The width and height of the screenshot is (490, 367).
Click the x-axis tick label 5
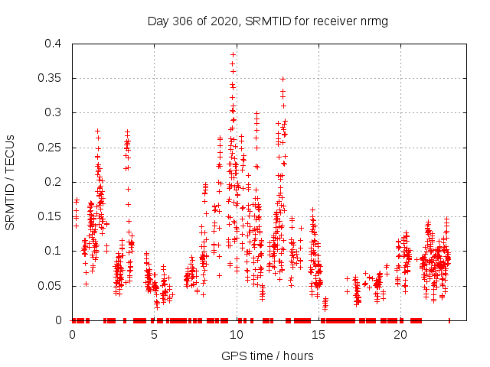point(154,335)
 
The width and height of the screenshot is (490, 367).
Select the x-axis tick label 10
point(236,335)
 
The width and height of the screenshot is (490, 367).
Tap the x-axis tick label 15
point(318,335)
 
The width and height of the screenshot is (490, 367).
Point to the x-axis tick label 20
point(400,335)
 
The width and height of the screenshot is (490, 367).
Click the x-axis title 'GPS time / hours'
point(267,356)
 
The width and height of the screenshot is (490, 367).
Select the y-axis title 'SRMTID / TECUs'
point(11,182)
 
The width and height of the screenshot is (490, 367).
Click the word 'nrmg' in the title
point(374,21)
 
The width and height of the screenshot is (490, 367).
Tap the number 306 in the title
point(181,21)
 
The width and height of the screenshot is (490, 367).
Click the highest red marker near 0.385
point(233,54)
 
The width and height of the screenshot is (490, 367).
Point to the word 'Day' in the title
point(158,21)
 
